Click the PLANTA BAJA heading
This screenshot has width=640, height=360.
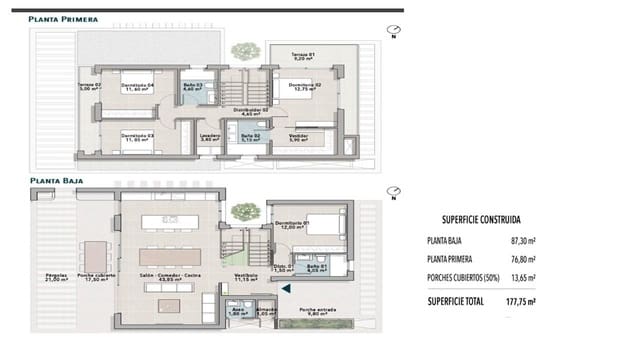(x=55, y=182)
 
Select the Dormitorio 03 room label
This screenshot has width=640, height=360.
(x=136, y=136)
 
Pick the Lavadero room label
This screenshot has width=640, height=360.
(x=209, y=136)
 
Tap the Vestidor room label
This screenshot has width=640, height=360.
(x=299, y=136)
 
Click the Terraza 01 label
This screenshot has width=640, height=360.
(x=303, y=55)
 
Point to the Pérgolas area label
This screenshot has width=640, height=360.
(x=56, y=276)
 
